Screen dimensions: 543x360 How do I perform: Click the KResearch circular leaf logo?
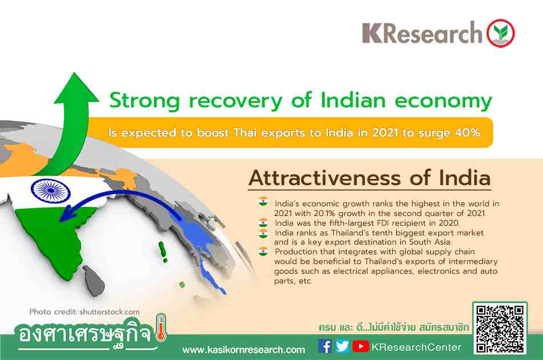click(x=501, y=33)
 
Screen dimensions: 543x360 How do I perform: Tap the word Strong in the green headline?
click(x=145, y=101)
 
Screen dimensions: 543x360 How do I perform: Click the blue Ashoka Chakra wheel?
click(x=50, y=191)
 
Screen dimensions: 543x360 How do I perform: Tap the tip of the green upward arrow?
click(x=74, y=73)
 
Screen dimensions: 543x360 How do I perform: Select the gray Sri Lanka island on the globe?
click(x=94, y=281)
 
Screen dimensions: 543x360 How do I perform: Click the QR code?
click(x=500, y=329)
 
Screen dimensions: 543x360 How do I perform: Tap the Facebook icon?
click(x=325, y=346)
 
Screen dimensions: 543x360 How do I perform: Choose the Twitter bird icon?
click(x=342, y=346)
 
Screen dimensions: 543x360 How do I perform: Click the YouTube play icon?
click(x=361, y=346)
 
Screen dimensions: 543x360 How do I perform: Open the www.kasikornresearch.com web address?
click(x=244, y=350)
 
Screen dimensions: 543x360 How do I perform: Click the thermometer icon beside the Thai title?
click(x=161, y=327)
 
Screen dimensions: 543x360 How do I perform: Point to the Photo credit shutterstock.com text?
click(x=85, y=312)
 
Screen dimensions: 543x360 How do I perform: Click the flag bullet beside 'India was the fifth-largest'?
click(x=263, y=222)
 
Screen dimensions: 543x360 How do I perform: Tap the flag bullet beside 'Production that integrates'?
click(x=263, y=251)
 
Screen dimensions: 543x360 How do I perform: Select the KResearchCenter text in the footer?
click(x=416, y=347)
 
